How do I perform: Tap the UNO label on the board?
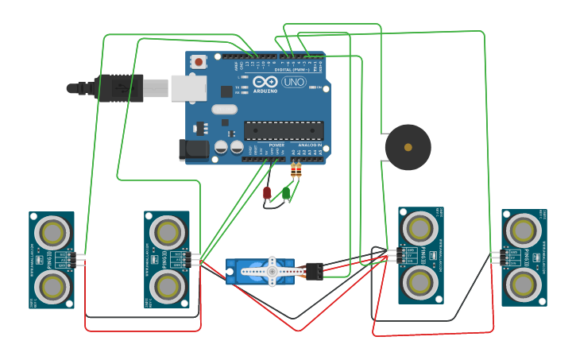point(293,82)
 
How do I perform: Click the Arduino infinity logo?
point(265,81)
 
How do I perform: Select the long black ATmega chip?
point(283,130)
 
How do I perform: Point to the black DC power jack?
point(192,149)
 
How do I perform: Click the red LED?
point(267,192)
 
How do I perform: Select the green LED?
point(285,192)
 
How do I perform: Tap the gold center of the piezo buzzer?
point(408,147)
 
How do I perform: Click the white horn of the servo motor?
point(271,272)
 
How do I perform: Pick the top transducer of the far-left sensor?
point(52,233)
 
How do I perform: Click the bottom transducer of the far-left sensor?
point(52,286)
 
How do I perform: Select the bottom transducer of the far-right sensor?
point(524,283)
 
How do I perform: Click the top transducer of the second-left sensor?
point(168,232)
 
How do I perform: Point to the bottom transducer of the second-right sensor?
point(420,282)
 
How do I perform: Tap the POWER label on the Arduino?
point(276,145)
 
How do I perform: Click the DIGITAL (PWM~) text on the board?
point(294,70)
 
